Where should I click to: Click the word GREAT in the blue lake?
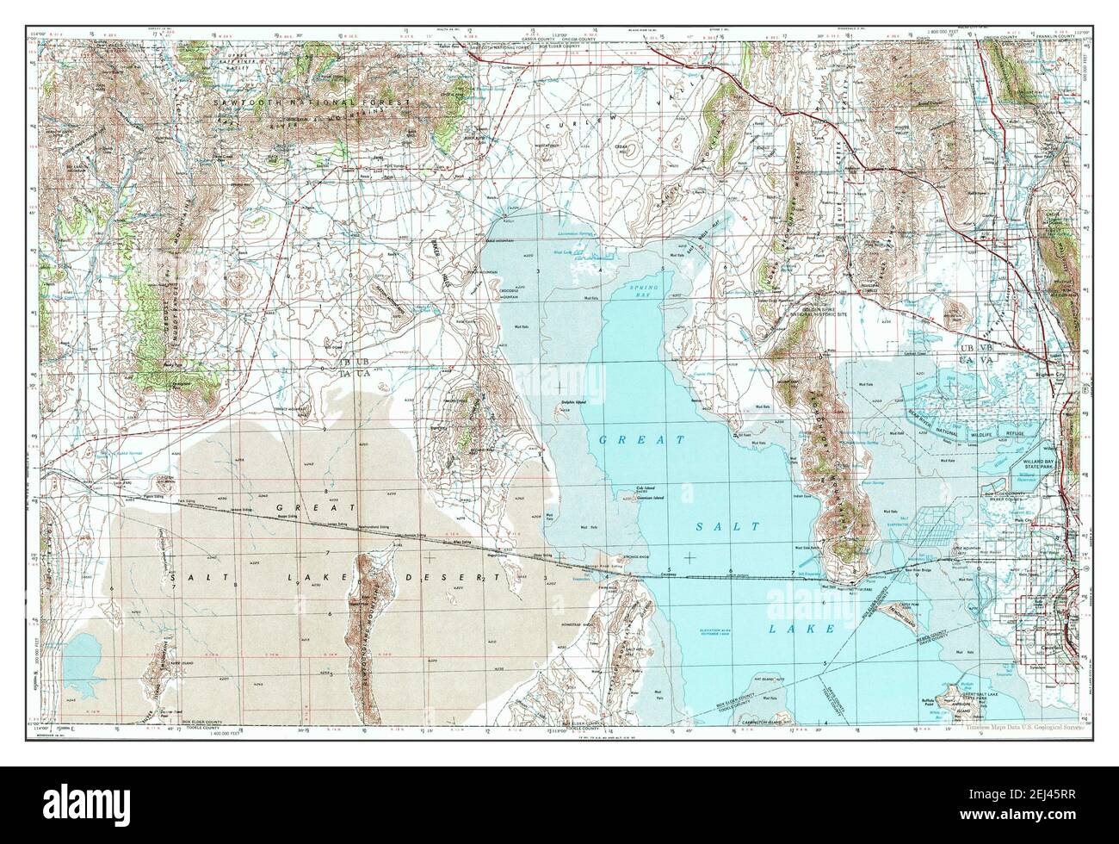(642, 440)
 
